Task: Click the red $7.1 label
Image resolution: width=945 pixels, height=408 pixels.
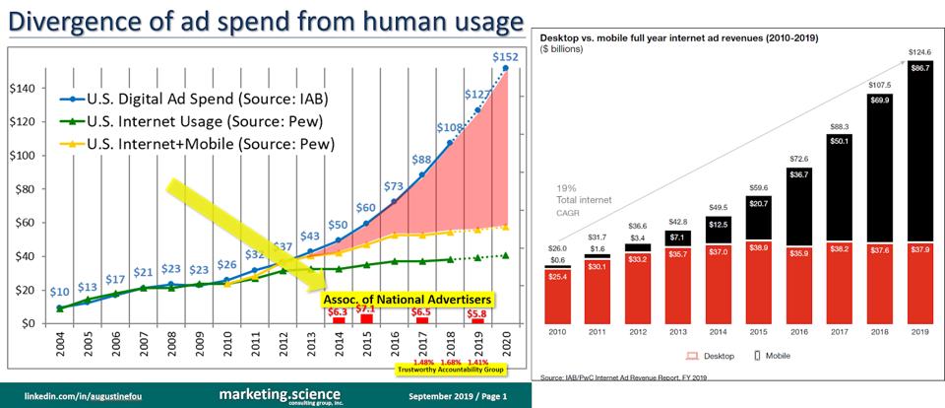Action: [365, 308]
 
